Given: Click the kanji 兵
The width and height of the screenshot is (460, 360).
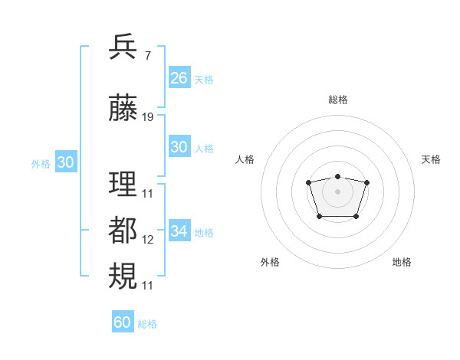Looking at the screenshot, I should click(123, 47).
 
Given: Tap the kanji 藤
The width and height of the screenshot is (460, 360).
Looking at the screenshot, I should click(123, 108).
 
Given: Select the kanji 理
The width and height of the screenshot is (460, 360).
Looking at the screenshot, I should click(123, 184).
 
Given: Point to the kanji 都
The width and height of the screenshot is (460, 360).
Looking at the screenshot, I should click(123, 229).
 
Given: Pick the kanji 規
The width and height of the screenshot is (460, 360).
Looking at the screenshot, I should click(123, 275).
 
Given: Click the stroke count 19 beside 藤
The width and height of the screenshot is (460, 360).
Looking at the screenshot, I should click(148, 117).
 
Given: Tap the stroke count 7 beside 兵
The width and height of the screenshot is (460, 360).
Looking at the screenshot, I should click(147, 57).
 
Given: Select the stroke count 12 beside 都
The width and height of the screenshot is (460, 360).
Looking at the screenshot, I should click(148, 239).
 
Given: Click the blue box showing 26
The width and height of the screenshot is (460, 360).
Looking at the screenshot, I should click(179, 78).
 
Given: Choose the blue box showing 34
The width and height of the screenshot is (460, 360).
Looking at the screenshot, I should click(179, 231).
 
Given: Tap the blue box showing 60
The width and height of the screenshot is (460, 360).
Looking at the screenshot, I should click(122, 322).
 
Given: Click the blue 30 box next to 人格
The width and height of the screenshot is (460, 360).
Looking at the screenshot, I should click(179, 147).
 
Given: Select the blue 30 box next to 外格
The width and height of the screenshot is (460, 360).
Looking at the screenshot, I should click(65, 162).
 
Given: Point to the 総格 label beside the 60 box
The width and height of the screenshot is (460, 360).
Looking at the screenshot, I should click(147, 324).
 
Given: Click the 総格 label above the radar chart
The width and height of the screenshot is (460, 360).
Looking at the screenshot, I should click(337, 100).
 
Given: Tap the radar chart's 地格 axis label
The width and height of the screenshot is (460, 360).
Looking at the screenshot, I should click(402, 262).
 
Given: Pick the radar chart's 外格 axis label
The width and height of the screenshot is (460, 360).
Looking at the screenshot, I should click(270, 262).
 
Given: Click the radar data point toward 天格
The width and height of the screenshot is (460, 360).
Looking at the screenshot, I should click(366, 182).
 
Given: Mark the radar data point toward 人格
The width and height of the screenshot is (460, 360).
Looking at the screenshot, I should click(308, 182).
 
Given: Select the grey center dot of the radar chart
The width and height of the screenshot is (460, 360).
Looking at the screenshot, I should click(337, 191).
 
